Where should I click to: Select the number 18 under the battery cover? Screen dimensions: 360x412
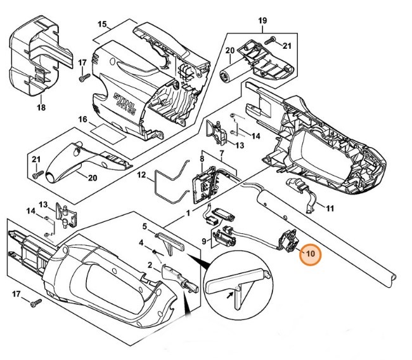[41, 108]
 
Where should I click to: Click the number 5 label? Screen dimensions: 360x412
[145, 226]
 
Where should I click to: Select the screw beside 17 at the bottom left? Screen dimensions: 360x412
[35, 302]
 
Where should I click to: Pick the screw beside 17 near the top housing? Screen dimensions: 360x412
[82, 78]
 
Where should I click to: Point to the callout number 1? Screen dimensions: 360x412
[188, 214]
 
